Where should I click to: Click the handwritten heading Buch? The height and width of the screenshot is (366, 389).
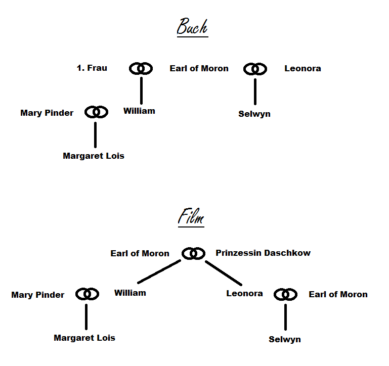[192, 27]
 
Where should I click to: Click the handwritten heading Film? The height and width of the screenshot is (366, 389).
[191, 217]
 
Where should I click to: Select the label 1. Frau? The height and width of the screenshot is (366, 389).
[92, 68]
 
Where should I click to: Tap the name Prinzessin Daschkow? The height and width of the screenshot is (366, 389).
[263, 253]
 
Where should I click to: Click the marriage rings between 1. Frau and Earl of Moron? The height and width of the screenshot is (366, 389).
[141, 68]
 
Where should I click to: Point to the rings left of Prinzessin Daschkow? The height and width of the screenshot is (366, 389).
[193, 253]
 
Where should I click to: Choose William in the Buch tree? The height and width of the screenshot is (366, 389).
[139, 111]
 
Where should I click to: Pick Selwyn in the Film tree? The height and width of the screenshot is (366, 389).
[285, 339]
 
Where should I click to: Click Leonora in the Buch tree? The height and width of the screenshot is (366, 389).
[302, 68]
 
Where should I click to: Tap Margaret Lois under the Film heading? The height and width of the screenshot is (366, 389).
[84, 338]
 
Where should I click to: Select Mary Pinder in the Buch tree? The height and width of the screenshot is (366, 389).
[47, 113]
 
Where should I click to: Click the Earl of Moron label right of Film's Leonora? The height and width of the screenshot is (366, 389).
[338, 294]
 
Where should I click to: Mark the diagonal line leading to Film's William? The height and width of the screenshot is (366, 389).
[159, 272]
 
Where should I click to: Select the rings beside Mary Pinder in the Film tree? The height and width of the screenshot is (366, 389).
[87, 294]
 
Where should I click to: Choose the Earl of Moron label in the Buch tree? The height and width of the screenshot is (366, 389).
[199, 68]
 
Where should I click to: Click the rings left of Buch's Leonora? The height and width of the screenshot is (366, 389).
[255, 68]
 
